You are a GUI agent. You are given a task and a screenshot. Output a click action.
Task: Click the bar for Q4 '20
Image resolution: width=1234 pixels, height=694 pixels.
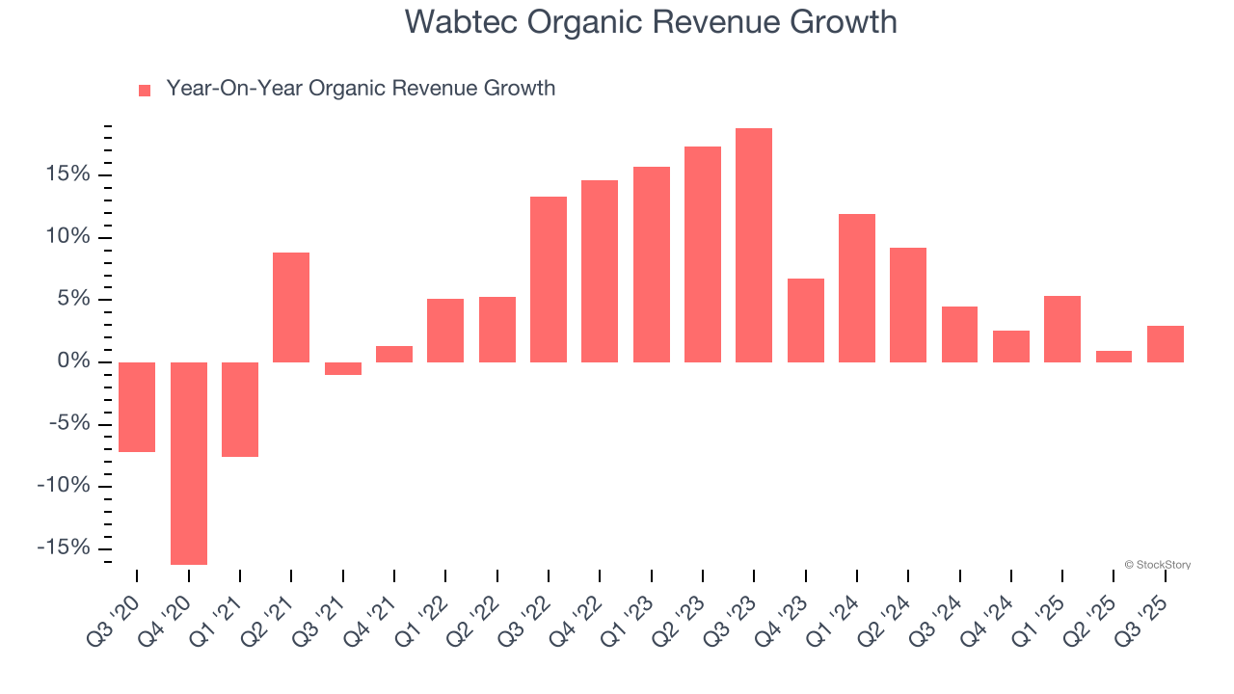pyautogui.click(x=189, y=463)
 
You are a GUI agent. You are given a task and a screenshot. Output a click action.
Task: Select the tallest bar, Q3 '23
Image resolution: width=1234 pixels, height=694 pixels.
pyautogui.click(x=754, y=246)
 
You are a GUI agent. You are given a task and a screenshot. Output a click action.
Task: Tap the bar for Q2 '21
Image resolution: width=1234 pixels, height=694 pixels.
pyautogui.click(x=291, y=307)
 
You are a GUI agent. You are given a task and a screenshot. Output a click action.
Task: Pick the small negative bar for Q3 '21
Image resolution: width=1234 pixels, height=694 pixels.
pyautogui.click(x=343, y=368)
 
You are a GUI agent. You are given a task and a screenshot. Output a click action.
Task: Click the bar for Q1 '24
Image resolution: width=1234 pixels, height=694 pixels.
pyautogui.click(x=857, y=288)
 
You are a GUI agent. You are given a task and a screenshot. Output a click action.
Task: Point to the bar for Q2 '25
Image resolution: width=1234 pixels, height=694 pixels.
pyautogui.click(x=1113, y=357)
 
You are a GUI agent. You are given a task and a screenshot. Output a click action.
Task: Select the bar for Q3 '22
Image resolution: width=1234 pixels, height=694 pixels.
pyautogui.click(x=549, y=280)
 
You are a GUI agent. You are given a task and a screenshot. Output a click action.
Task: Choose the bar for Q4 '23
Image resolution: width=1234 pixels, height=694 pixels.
pyautogui.click(x=805, y=320)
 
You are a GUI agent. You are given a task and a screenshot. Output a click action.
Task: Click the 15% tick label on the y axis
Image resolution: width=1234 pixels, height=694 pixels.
pyautogui.click(x=66, y=174)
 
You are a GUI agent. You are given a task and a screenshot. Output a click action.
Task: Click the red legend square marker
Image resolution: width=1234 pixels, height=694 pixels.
pyautogui.click(x=145, y=90)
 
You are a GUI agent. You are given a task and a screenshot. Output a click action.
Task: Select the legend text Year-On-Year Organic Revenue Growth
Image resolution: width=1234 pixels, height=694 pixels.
pyautogui.click(x=361, y=89)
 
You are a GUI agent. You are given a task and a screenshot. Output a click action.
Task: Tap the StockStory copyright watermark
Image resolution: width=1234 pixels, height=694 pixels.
pyautogui.click(x=1157, y=565)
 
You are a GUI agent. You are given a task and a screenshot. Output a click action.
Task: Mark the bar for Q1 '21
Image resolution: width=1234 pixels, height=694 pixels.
pyautogui.click(x=240, y=410)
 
